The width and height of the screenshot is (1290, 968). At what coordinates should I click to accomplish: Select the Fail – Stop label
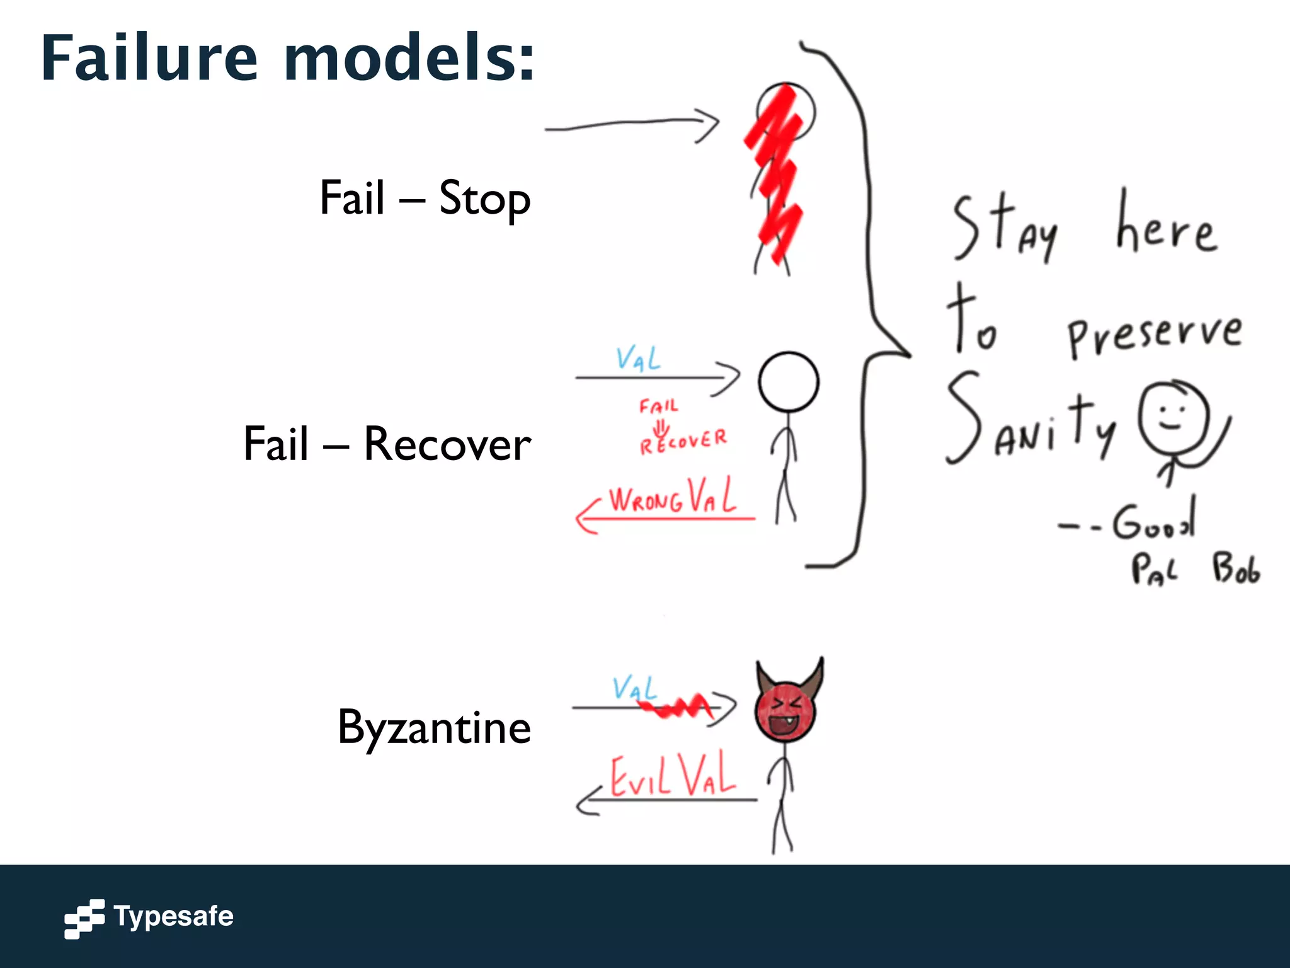pyautogui.click(x=425, y=199)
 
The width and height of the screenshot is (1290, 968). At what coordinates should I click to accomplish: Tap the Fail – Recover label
pyautogui.click(x=387, y=444)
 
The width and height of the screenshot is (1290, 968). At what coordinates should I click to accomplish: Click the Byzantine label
pyautogui.click(x=434, y=728)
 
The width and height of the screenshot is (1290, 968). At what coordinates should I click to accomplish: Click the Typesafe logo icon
pyautogui.click(x=84, y=918)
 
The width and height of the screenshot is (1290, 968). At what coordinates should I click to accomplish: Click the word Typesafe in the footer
pyautogui.click(x=174, y=916)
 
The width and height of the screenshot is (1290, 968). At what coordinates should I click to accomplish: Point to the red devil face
pyautogui.click(x=785, y=713)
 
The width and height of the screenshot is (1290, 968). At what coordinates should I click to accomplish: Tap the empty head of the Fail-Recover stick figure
pyautogui.click(x=788, y=382)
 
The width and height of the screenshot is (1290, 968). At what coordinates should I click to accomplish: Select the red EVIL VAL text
pyautogui.click(x=673, y=776)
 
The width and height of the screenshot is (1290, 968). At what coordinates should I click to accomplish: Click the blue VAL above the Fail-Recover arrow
pyautogui.click(x=638, y=359)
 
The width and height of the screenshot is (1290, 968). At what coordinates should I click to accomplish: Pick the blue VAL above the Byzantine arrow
pyautogui.click(x=634, y=688)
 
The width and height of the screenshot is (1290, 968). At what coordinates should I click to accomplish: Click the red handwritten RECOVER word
pyautogui.click(x=683, y=441)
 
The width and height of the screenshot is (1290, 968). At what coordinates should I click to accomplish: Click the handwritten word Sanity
pyautogui.click(x=1030, y=422)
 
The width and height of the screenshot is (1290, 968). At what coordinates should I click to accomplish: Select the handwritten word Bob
pyautogui.click(x=1236, y=568)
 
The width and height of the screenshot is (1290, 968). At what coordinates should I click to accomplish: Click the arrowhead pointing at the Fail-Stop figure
pyautogui.click(x=709, y=125)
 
